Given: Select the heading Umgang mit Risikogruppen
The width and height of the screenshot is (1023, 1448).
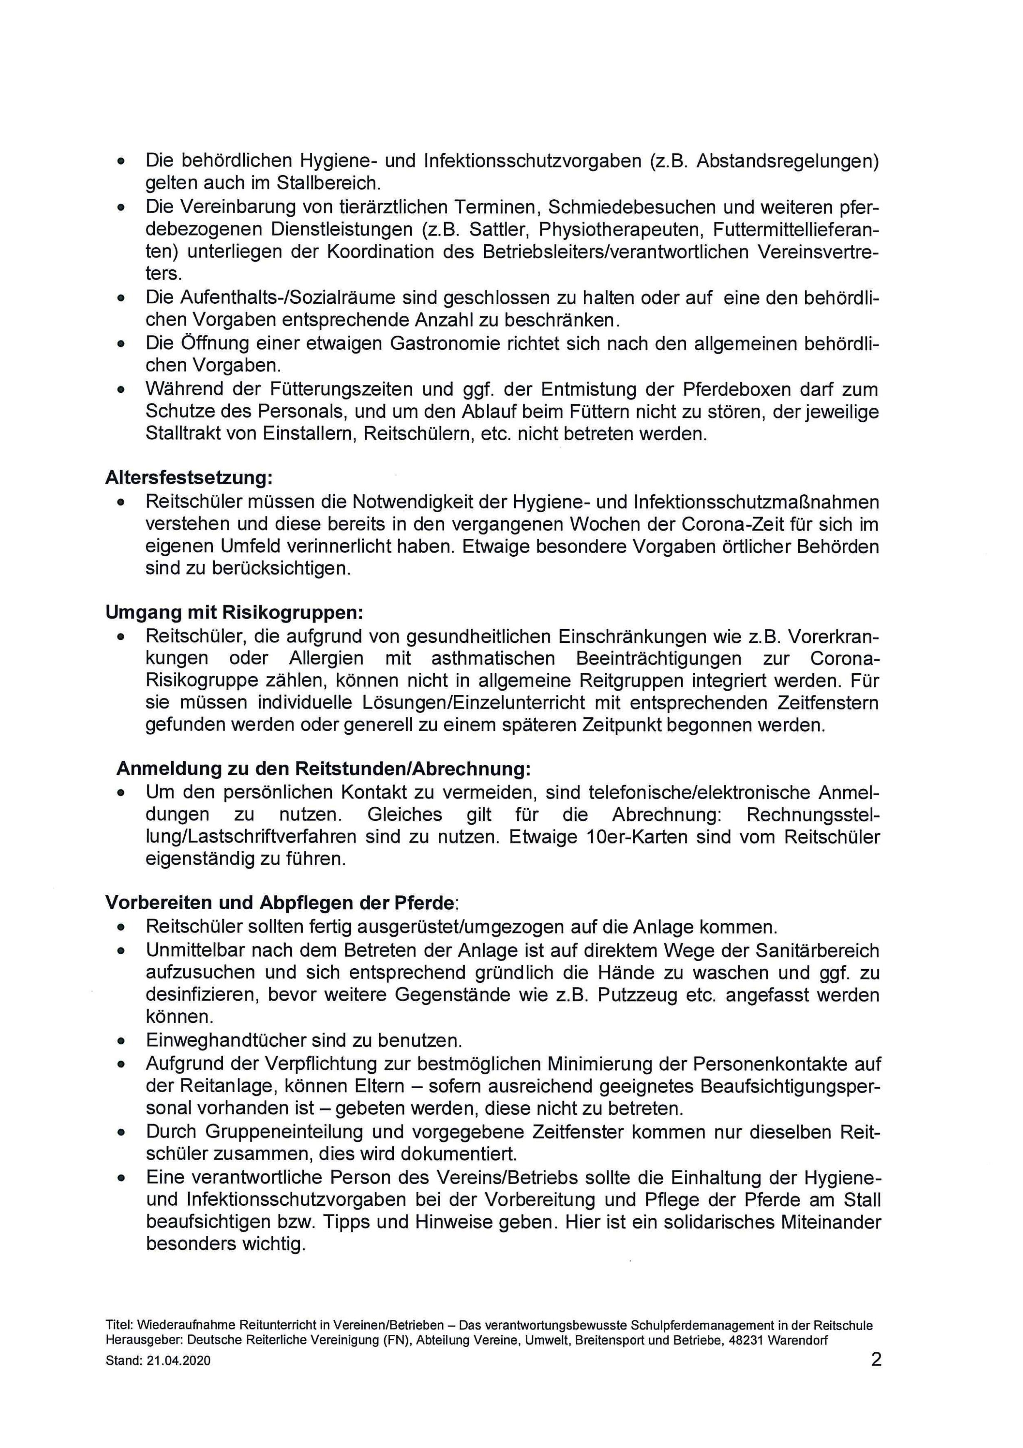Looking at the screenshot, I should pos(234,612).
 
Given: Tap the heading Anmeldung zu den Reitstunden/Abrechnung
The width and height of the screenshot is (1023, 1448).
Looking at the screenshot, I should pos(323,769).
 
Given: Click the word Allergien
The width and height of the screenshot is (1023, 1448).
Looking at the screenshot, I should pos(326,658).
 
